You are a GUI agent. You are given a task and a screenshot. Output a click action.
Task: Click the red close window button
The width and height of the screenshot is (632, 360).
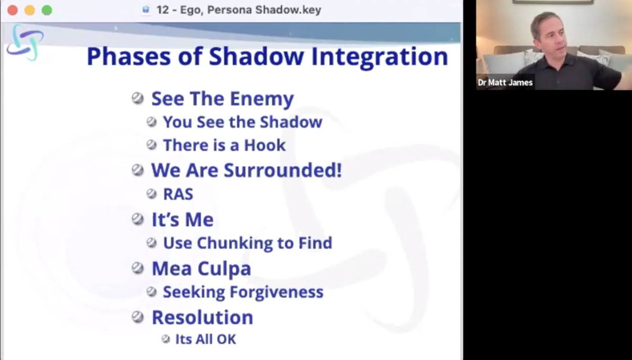pos(12,10)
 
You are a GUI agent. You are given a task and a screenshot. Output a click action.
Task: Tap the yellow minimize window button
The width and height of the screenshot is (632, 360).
pos(30,10)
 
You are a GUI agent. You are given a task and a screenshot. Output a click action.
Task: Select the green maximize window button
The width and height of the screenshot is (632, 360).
pos(47,10)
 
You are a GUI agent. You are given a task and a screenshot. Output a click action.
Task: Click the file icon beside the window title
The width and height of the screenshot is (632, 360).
pos(146,10)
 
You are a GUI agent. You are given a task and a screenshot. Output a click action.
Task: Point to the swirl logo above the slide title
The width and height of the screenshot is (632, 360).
pos(25,43)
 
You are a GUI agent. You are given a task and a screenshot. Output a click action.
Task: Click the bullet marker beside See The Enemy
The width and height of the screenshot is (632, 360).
pos(138,99)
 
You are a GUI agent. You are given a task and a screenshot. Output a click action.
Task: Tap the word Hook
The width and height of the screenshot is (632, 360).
pos(264,145)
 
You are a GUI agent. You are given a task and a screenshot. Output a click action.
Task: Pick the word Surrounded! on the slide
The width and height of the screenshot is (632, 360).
pos(283,170)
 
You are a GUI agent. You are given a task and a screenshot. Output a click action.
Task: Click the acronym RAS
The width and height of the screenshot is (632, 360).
pos(178,194)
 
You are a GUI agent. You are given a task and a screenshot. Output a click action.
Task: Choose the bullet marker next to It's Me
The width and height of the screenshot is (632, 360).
pos(138,219)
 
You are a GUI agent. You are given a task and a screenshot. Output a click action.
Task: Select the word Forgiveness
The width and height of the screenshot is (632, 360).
pos(277,292)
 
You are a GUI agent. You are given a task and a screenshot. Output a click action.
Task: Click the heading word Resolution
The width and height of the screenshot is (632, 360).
pos(202,317)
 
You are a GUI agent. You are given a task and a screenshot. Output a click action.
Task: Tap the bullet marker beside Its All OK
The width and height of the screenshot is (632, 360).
pos(165,339)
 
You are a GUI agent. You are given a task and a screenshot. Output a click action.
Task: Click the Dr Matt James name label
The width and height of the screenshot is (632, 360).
pos(505,82)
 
